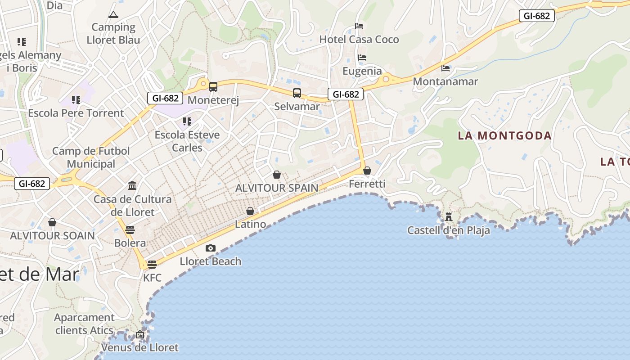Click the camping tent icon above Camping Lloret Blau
click(113, 15)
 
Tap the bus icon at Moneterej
click(213, 86)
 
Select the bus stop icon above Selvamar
click(297, 93)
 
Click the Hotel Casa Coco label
click(359, 40)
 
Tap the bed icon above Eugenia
click(362, 58)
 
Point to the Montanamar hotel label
click(445, 81)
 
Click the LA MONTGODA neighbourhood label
click(504, 135)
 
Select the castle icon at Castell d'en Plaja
click(449, 217)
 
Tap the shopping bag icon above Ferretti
click(367, 171)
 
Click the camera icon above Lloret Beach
click(210, 248)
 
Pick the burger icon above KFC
click(152, 264)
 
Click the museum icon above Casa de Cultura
click(132, 185)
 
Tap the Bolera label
click(130, 243)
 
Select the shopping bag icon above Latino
click(250, 211)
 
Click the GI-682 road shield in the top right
click(537, 16)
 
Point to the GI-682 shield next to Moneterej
click(166, 98)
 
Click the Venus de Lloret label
click(139, 347)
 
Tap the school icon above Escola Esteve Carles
click(187, 121)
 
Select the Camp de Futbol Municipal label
click(91, 157)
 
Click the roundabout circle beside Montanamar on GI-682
click(386, 80)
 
